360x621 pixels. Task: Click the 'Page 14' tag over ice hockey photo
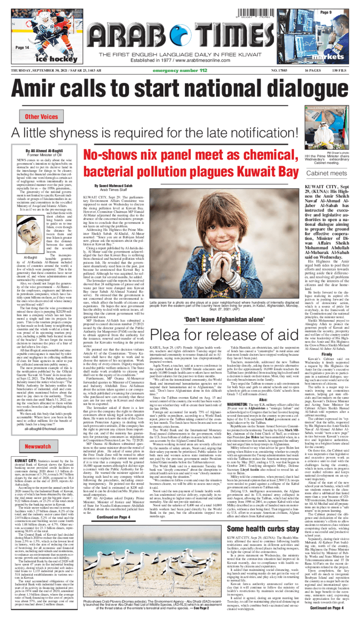pos(22,47)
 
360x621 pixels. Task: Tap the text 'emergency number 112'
pos(180,71)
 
